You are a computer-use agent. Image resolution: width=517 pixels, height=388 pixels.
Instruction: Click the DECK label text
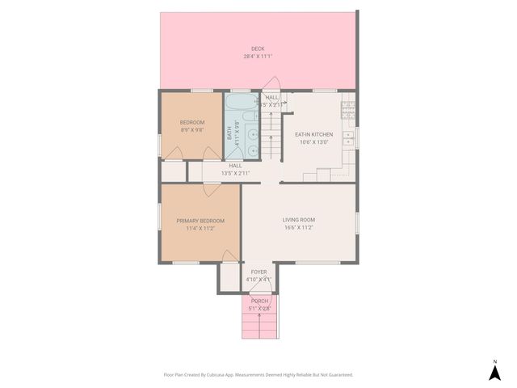tap(258, 48)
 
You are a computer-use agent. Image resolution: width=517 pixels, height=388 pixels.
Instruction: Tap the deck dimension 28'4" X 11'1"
tap(258, 57)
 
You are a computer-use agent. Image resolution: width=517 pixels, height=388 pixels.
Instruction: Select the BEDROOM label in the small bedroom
tap(191, 122)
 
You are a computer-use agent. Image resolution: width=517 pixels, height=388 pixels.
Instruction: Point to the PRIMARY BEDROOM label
tap(200, 221)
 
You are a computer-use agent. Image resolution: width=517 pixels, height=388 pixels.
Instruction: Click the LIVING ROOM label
tap(298, 220)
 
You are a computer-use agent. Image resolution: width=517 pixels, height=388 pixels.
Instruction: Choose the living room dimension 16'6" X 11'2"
tap(298, 228)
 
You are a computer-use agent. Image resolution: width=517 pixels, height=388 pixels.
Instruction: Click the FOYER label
tap(258, 272)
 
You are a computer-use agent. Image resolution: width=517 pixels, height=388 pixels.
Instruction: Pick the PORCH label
tap(258, 301)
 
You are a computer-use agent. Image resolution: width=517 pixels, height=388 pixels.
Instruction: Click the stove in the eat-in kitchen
tap(349, 105)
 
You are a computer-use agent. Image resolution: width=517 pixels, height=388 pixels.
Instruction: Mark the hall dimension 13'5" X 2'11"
tap(235, 173)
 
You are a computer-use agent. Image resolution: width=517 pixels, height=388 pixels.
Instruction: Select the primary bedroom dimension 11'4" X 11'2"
tap(200, 229)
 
